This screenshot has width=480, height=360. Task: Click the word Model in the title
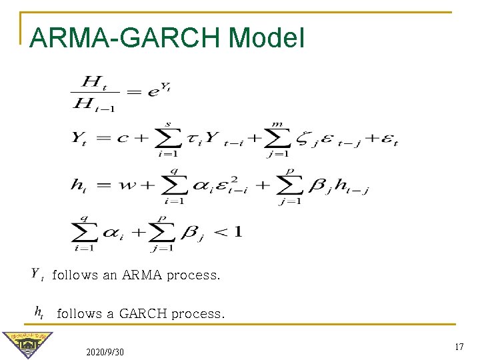click(x=266, y=37)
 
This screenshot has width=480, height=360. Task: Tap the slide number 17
click(x=459, y=347)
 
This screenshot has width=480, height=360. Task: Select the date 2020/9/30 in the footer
click(x=105, y=351)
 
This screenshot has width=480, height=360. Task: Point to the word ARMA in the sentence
click(x=141, y=275)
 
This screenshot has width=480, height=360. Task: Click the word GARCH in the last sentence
click(x=143, y=313)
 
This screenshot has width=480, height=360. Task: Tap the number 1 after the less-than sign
click(x=237, y=231)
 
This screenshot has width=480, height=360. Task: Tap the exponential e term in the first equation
click(x=154, y=91)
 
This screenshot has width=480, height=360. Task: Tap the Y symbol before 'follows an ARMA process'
click(x=37, y=275)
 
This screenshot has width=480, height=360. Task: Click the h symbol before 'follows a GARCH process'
click(x=39, y=312)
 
